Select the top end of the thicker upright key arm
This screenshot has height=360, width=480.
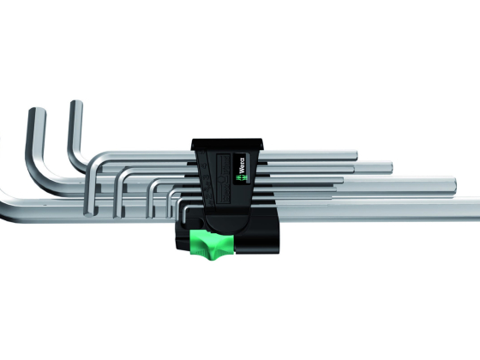pyautogui.click(x=38, y=110)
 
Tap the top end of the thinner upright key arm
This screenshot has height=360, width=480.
pyautogui.click(x=76, y=102)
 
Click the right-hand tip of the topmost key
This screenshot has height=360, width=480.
pyautogui.click(x=356, y=155)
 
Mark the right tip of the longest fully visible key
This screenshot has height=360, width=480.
pyautogui.click(x=454, y=187)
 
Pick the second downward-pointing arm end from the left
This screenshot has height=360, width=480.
pyautogui.click(x=118, y=215)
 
